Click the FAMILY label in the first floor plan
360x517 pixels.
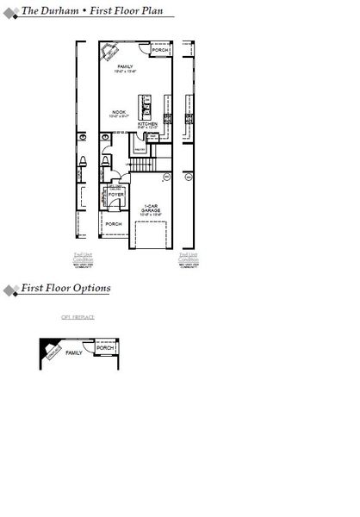[125, 66]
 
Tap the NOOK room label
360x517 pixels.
[120, 112]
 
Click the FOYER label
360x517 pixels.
[116, 196]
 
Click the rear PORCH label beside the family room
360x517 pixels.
[160, 51]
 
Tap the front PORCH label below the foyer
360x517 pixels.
[114, 224]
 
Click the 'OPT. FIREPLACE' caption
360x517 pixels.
[78, 317]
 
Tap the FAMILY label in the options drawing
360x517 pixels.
[75, 352]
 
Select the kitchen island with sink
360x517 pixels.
[147, 104]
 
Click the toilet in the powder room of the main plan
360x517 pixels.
[105, 160]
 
